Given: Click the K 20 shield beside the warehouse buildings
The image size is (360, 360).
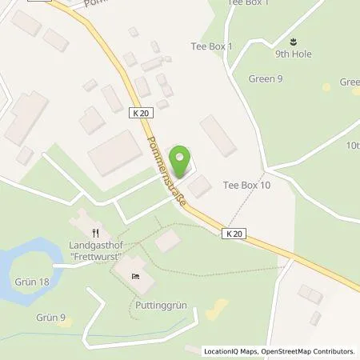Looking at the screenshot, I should click(140, 114).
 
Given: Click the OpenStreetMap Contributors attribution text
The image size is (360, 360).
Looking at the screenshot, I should click(309, 351).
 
